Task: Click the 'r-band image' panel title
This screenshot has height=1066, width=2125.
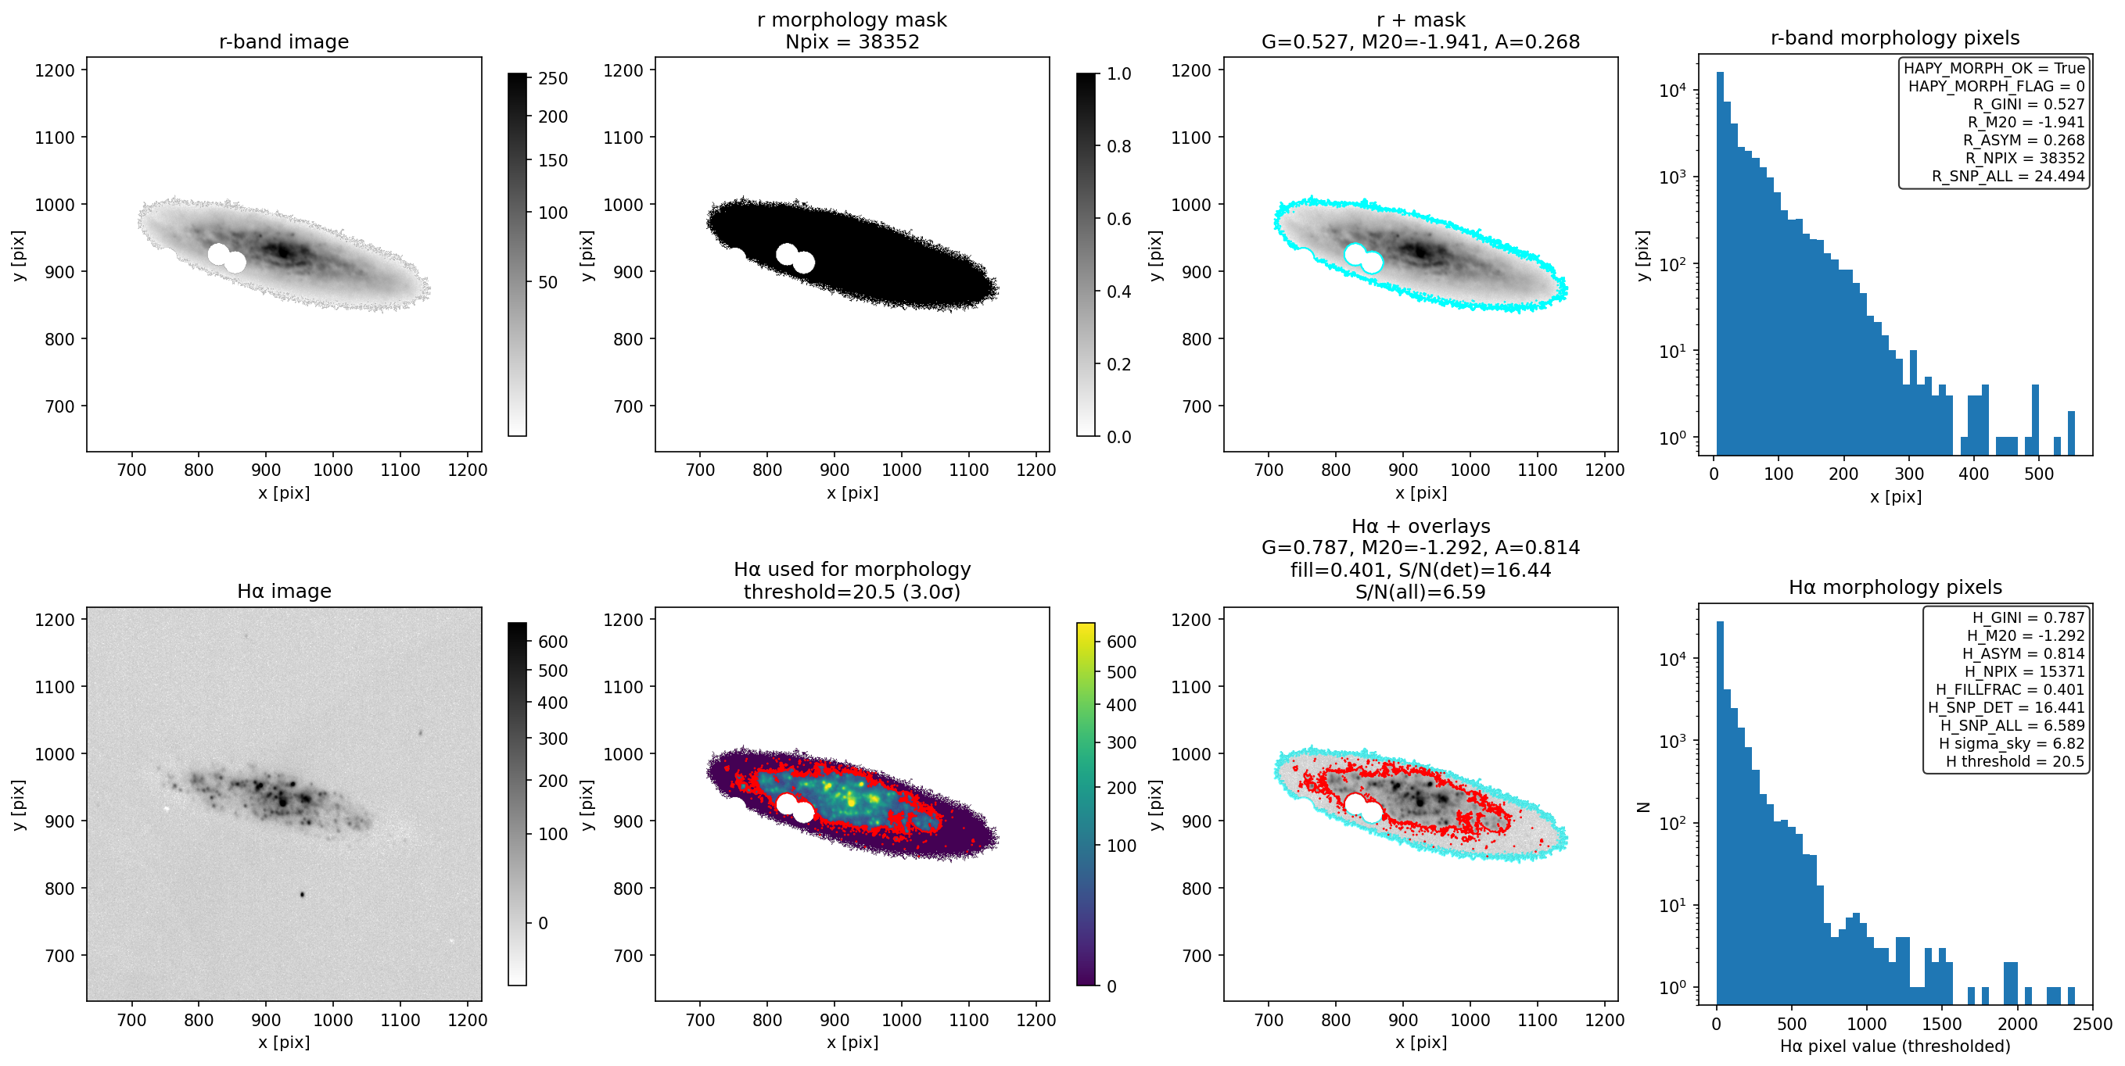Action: (x=284, y=41)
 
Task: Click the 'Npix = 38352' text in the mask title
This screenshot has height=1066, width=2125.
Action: (x=853, y=41)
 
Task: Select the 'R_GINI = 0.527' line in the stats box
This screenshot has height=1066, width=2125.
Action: (x=2029, y=104)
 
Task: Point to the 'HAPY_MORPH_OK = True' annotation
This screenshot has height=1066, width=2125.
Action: (x=1994, y=68)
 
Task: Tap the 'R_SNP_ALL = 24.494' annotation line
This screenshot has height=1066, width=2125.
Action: (x=2008, y=176)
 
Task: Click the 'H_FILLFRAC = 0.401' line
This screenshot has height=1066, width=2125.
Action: (x=2009, y=689)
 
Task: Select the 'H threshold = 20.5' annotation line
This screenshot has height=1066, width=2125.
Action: (x=2015, y=761)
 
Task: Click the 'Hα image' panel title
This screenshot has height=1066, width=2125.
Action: (x=284, y=591)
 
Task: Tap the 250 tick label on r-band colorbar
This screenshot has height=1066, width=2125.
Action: (x=553, y=78)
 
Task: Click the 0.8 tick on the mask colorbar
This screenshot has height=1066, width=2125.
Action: (x=1118, y=147)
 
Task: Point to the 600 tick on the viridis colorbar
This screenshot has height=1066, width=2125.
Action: (x=1121, y=642)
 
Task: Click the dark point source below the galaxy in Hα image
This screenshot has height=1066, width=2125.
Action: (x=302, y=895)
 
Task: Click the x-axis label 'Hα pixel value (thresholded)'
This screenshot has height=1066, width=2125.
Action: (x=1895, y=1046)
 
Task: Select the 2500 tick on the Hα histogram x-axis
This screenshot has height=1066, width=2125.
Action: (x=2092, y=1024)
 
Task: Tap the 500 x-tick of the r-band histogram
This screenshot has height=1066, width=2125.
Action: (x=2038, y=474)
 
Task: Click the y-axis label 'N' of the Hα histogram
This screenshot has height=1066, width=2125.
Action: (x=1643, y=807)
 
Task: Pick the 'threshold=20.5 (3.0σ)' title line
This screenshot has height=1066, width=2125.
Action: (x=853, y=591)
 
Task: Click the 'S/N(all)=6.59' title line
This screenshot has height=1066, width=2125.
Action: (x=1420, y=591)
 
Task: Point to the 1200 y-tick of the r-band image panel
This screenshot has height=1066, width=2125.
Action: (x=55, y=70)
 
